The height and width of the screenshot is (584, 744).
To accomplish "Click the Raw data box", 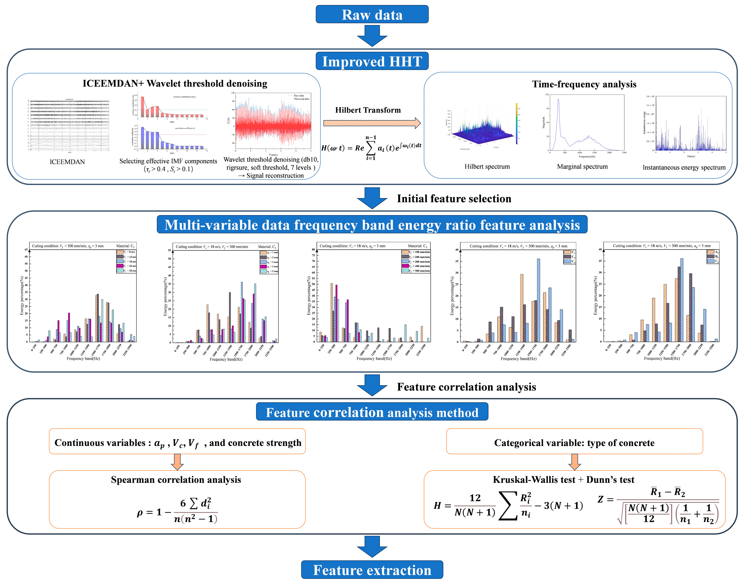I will pyautogui.click(x=372, y=14).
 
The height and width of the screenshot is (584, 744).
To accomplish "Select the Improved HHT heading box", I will pyautogui.click(x=372, y=61).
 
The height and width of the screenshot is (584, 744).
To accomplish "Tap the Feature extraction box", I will pyautogui.click(x=372, y=570).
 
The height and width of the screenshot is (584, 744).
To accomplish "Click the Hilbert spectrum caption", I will pyautogui.click(x=487, y=167).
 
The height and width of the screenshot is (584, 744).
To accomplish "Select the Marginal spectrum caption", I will pyautogui.click(x=582, y=167).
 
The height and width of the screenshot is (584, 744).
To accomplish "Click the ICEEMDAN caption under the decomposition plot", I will pyautogui.click(x=67, y=162).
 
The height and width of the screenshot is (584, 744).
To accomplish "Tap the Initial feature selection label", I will pyautogui.click(x=454, y=199).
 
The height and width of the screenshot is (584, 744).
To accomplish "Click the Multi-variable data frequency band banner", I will pyautogui.click(x=372, y=225).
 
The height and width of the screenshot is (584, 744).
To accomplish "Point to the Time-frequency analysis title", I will pyautogui.click(x=584, y=84).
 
